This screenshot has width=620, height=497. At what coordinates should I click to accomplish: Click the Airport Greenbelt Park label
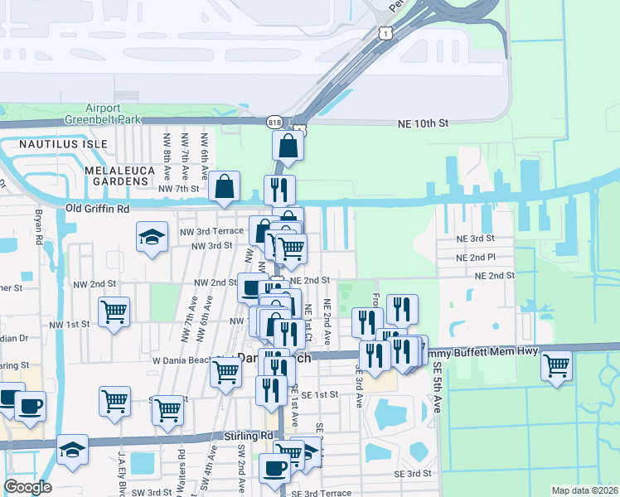click(x=114, y=113)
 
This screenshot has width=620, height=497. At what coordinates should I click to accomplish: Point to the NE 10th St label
click(x=423, y=123)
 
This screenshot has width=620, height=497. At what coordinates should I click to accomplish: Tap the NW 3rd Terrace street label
click(x=211, y=231)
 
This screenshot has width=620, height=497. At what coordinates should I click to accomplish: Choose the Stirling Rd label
click(x=248, y=435)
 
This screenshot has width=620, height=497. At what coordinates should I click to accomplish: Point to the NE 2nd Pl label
click(x=476, y=258)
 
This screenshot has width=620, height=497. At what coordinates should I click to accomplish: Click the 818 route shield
click(x=275, y=122)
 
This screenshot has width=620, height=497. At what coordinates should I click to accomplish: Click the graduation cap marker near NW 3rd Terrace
click(x=153, y=238)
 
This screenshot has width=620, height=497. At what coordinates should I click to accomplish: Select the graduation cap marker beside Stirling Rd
click(x=72, y=450)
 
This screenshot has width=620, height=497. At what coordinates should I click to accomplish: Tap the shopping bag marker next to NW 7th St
click(x=225, y=186)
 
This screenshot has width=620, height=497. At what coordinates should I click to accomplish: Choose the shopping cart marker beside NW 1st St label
click(x=114, y=312)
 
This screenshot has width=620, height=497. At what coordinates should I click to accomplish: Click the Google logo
click(x=27, y=487)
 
